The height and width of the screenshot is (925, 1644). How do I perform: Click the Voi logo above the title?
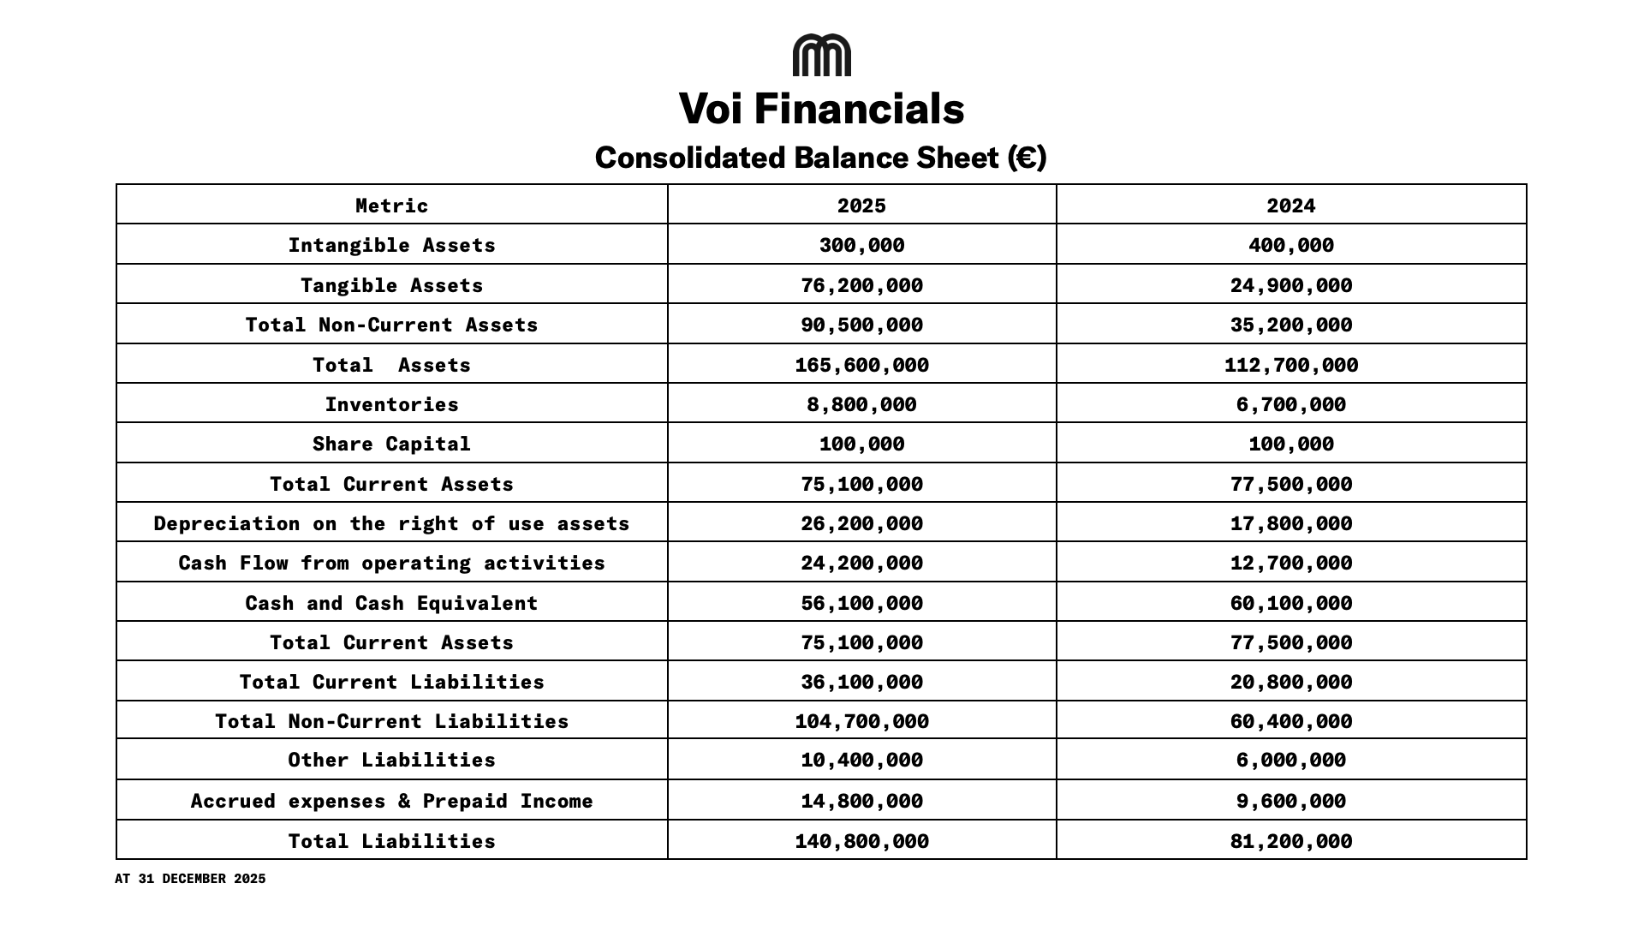click(821, 56)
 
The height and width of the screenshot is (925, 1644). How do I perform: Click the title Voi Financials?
click(821, 110)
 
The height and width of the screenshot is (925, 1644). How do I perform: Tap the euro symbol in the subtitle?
click(1025, 158)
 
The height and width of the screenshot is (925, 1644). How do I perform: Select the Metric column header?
click(391, 206)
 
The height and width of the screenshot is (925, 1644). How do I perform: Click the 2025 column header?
click(861, 206)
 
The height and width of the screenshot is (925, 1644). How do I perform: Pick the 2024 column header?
click(1290, 206)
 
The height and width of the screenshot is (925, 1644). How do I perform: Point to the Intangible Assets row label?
click(391, 246)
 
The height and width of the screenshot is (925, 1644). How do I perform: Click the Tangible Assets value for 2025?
click(861, 285)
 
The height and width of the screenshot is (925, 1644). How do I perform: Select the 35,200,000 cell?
click(1290, 325)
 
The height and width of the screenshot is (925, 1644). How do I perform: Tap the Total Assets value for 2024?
click(1290, 365)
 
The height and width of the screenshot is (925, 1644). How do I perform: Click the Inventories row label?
click(391, 404)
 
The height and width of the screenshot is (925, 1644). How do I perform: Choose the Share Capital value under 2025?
click(861, 444)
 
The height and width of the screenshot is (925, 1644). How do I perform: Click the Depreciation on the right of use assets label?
click(391, 523)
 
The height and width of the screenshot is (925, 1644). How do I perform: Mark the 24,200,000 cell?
click(861, 563)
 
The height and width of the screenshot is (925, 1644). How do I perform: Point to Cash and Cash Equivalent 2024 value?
click(1290, 603)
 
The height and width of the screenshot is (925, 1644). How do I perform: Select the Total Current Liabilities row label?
click(391, 682)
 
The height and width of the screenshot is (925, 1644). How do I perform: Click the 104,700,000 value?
click(861, 721)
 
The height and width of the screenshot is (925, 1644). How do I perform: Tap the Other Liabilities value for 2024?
click(1290, 760)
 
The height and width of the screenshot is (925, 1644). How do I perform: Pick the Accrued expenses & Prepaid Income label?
click(391, 801)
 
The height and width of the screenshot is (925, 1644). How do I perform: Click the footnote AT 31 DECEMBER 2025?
click(190, 879)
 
